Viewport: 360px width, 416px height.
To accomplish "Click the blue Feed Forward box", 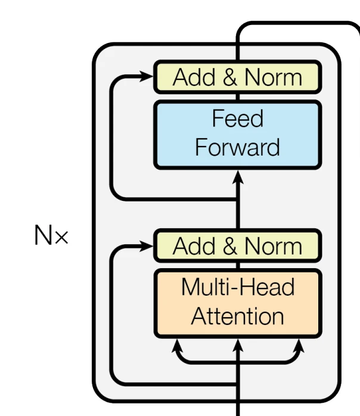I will coord(238,134).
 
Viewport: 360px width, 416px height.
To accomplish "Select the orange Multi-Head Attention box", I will coord(238,303).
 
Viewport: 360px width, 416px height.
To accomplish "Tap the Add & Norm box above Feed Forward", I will coord(238,77).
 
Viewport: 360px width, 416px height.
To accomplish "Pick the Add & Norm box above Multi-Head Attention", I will coord(238,246).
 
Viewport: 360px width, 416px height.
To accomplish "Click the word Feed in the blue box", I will coord(237,119).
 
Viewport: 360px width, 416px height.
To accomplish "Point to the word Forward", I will coord(237,147).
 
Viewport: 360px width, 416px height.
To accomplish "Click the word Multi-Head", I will coord(237,287).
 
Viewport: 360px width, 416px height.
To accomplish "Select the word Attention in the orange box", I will coord(237,316).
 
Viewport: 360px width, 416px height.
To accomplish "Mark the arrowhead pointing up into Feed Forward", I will coord(238,176).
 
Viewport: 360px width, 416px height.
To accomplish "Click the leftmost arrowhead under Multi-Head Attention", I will coord(176,344).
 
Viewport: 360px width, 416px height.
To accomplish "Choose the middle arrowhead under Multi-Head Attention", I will coord(238,344).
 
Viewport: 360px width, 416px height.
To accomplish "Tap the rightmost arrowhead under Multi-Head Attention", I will coord(299,344).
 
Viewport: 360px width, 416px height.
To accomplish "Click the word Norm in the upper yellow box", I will coord(274,77).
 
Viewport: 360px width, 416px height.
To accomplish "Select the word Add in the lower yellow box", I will coord(189,246).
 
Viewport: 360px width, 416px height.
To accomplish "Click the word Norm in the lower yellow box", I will coord(274,246).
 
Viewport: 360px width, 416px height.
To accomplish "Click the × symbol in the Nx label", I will coord(61,238).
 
